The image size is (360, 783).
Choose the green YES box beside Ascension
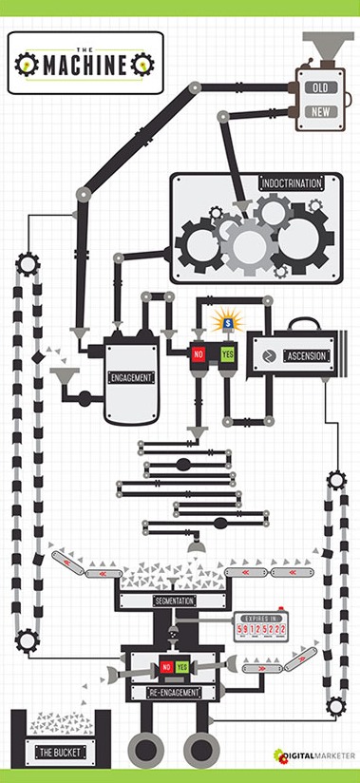click(x=227, y=353)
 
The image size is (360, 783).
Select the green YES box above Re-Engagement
click(x=180, y=667)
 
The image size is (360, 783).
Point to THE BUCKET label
click(x=59, y=753)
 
